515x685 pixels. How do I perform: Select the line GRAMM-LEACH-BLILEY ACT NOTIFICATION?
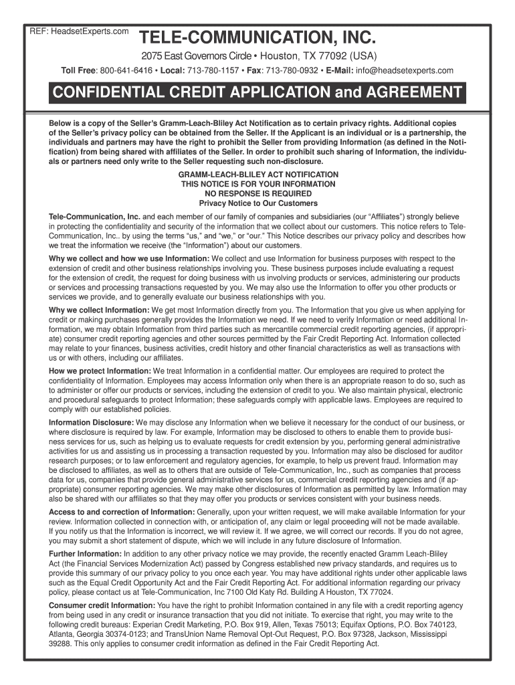click(258, 174)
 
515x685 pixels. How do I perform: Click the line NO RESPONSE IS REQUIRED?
click(258, 193)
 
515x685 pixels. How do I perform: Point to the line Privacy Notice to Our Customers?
click(258, 203)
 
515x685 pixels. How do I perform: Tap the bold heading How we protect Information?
click(100, 371)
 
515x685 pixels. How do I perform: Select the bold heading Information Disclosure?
click(92, 423)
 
